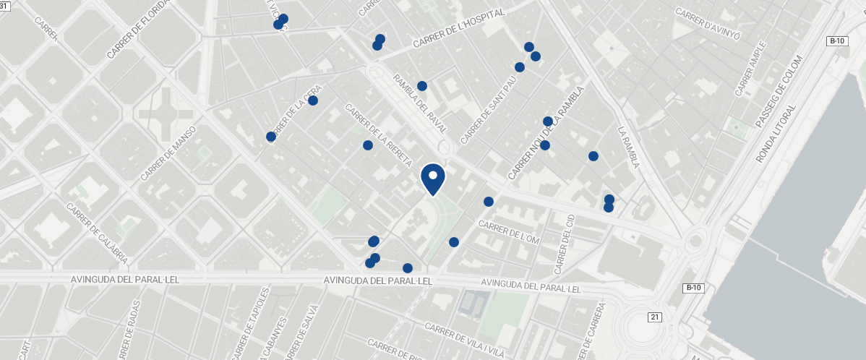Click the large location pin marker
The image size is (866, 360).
(x=432, y=179)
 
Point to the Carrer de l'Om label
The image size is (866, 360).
(x=509, y=233)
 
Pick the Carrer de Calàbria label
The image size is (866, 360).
(x=97, y=233)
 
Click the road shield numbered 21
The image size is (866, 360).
(x=655, y=317)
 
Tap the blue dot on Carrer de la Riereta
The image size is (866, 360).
(x=367, y=145)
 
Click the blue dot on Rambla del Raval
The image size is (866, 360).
(x=422, y=86)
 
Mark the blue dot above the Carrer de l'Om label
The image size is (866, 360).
(x=489, y=202)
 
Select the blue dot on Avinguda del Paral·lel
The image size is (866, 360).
(x=408, y=268)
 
